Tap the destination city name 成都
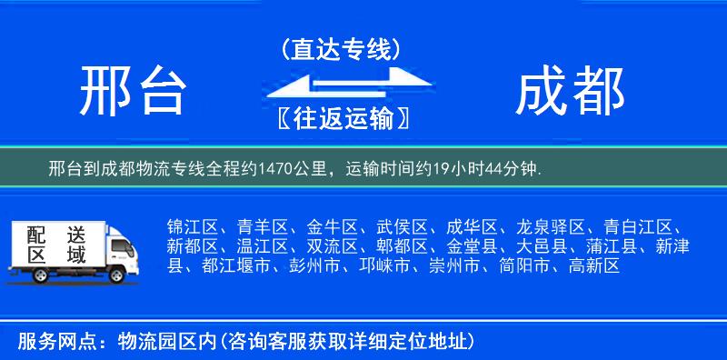pos(570,92)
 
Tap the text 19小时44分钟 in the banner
pos(492,168)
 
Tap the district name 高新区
pos(593,266)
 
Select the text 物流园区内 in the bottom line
pos(165,342)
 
